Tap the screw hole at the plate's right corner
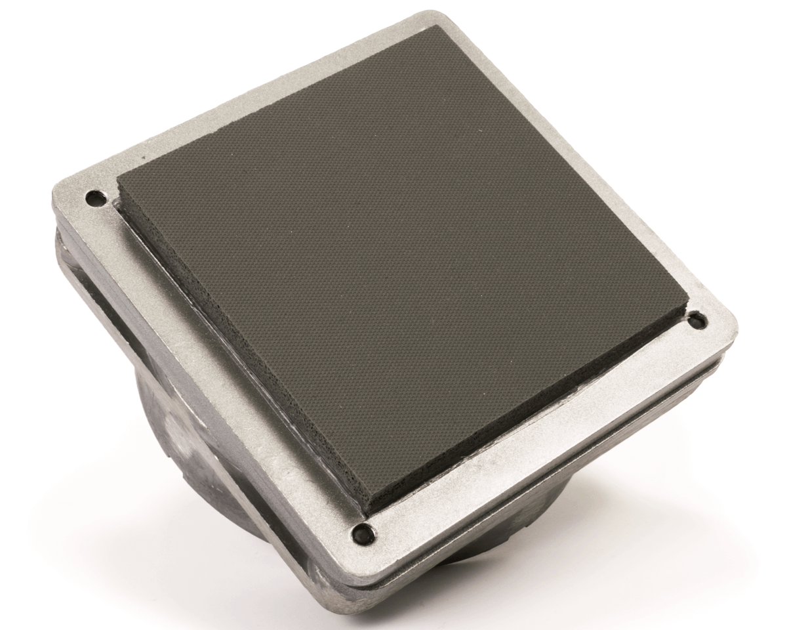[x=696, y=322]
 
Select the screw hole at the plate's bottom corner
[x=362, y=534]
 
